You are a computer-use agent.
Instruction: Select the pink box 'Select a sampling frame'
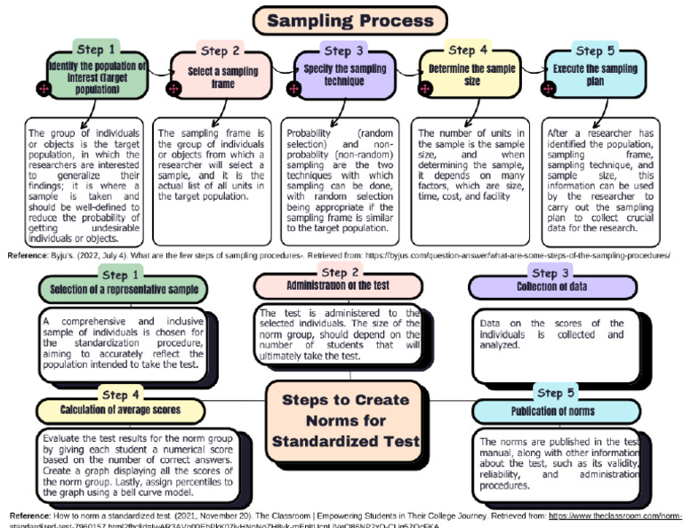pyautogui.click(x=221, y=76)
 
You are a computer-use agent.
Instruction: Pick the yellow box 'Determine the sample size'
pyautogui.click(x=471, y=74)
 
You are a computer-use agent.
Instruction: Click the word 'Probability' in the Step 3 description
pyautogui.click(x=311, y=132)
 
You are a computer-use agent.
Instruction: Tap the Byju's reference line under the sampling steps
pyautogui.click(x=338, y=254)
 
